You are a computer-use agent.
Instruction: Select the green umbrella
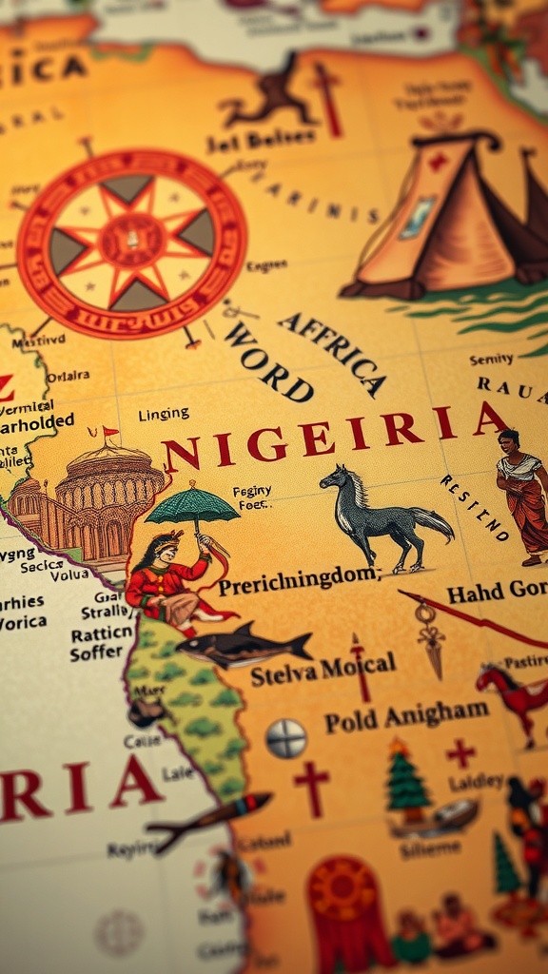(x=192, y=505)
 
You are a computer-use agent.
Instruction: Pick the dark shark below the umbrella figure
(x=245, y=647)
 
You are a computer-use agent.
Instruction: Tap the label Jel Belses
(x=261, y=138)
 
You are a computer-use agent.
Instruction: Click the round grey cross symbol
(x=286, y=738)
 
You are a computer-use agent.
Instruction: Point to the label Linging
(x=163, y=415)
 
